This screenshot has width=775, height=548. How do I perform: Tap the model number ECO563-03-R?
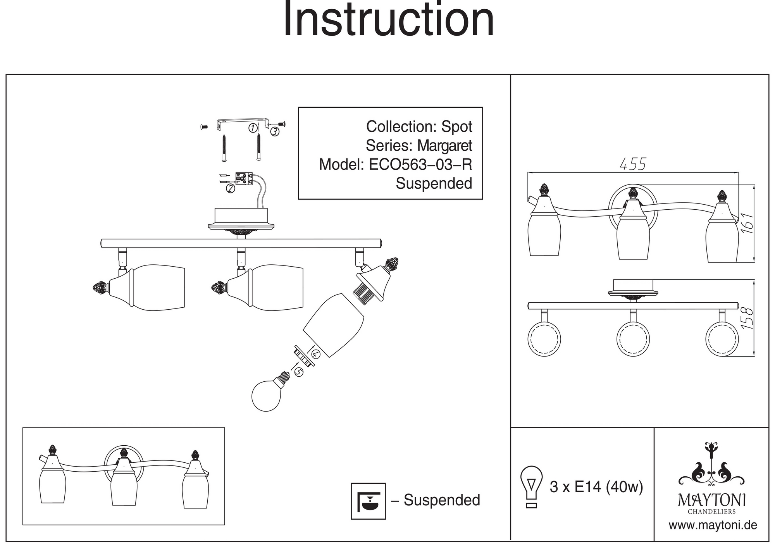point(420,165)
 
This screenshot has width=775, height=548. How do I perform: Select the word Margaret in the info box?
point(444,146)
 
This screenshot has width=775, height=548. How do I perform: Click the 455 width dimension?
point(633,164)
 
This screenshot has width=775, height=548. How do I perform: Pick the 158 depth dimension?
point(747,318)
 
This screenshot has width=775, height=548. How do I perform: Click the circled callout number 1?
point(253,128)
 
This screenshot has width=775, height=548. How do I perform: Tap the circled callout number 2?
point(230,189)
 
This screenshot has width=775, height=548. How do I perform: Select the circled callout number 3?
point(274,132)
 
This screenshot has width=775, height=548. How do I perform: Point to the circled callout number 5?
point(298,372)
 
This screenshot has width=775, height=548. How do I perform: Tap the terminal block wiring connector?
point(243,178)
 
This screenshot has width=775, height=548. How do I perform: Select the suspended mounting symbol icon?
point(368,501)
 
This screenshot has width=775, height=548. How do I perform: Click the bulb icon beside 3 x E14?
point(531,487)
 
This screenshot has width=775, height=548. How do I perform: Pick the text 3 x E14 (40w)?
point(596,487)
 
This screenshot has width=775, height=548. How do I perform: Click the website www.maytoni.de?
point(713,526)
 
